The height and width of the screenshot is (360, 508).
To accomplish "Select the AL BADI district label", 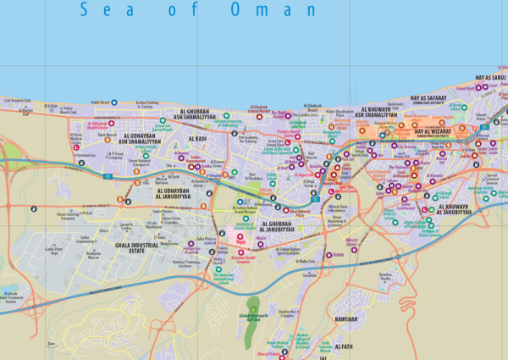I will tap(197, 138).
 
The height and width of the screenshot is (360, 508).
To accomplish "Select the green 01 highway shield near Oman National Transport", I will tap(109, 174).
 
